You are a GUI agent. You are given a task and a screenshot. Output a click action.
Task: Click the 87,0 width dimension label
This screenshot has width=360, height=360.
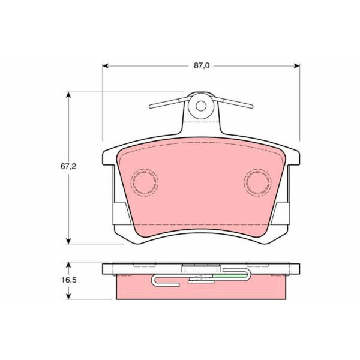(202, 66)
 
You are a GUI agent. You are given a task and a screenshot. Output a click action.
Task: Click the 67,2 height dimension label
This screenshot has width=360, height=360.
(68, 166)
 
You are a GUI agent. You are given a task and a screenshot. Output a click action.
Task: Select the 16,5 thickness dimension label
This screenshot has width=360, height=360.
(68, 280)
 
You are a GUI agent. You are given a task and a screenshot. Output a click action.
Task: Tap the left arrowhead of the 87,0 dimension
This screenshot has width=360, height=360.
(106, 66)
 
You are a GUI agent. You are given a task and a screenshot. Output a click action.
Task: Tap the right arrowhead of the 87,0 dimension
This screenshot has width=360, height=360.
(296, 66)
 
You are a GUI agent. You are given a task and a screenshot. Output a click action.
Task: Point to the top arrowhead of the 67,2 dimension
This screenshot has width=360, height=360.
(68, 95)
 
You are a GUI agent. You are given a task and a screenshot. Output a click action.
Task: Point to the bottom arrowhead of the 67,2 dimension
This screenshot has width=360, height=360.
(68, 241)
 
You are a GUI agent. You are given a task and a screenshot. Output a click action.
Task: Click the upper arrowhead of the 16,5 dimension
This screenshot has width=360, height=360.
(68, 265)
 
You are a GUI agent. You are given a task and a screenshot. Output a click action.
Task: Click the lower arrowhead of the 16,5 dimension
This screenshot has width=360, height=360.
(68, 296)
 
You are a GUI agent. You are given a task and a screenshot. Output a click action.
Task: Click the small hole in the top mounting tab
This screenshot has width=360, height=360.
(201, 106)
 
